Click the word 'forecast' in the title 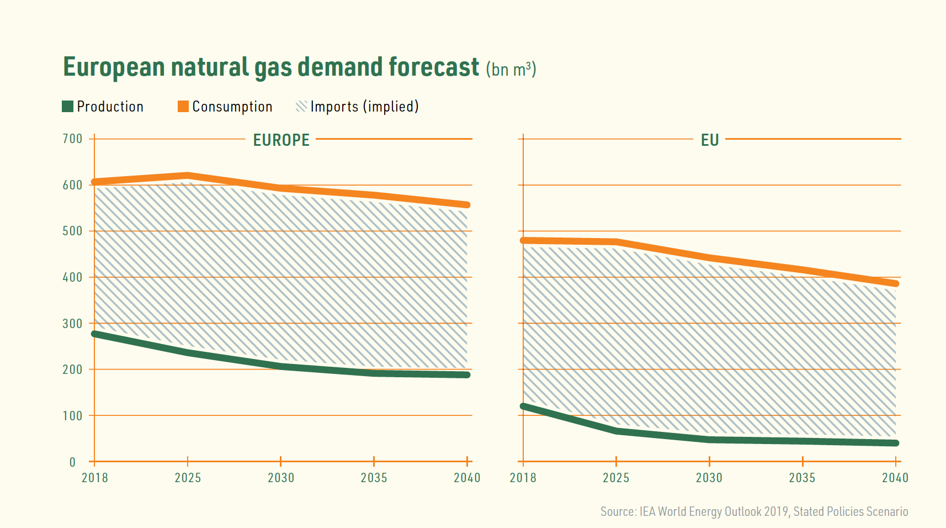[433, 67]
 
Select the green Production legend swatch [67, 107]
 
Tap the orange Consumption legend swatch [183, 107]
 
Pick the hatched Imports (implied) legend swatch [301, 107]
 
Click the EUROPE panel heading [281, 140]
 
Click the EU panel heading [709, 140]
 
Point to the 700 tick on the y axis [72, 139]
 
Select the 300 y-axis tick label [72, 324]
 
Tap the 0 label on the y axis [72, 462]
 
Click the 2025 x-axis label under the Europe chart [188, 478]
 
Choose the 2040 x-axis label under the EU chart [895, 478]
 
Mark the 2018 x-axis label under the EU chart [523, 478]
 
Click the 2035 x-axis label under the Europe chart [374, 478]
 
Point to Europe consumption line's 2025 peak [188, 176]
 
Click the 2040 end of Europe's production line [466, 375]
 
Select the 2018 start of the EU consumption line [524, 240]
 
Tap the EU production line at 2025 [616, 431]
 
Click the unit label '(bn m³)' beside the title [511, 70]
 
